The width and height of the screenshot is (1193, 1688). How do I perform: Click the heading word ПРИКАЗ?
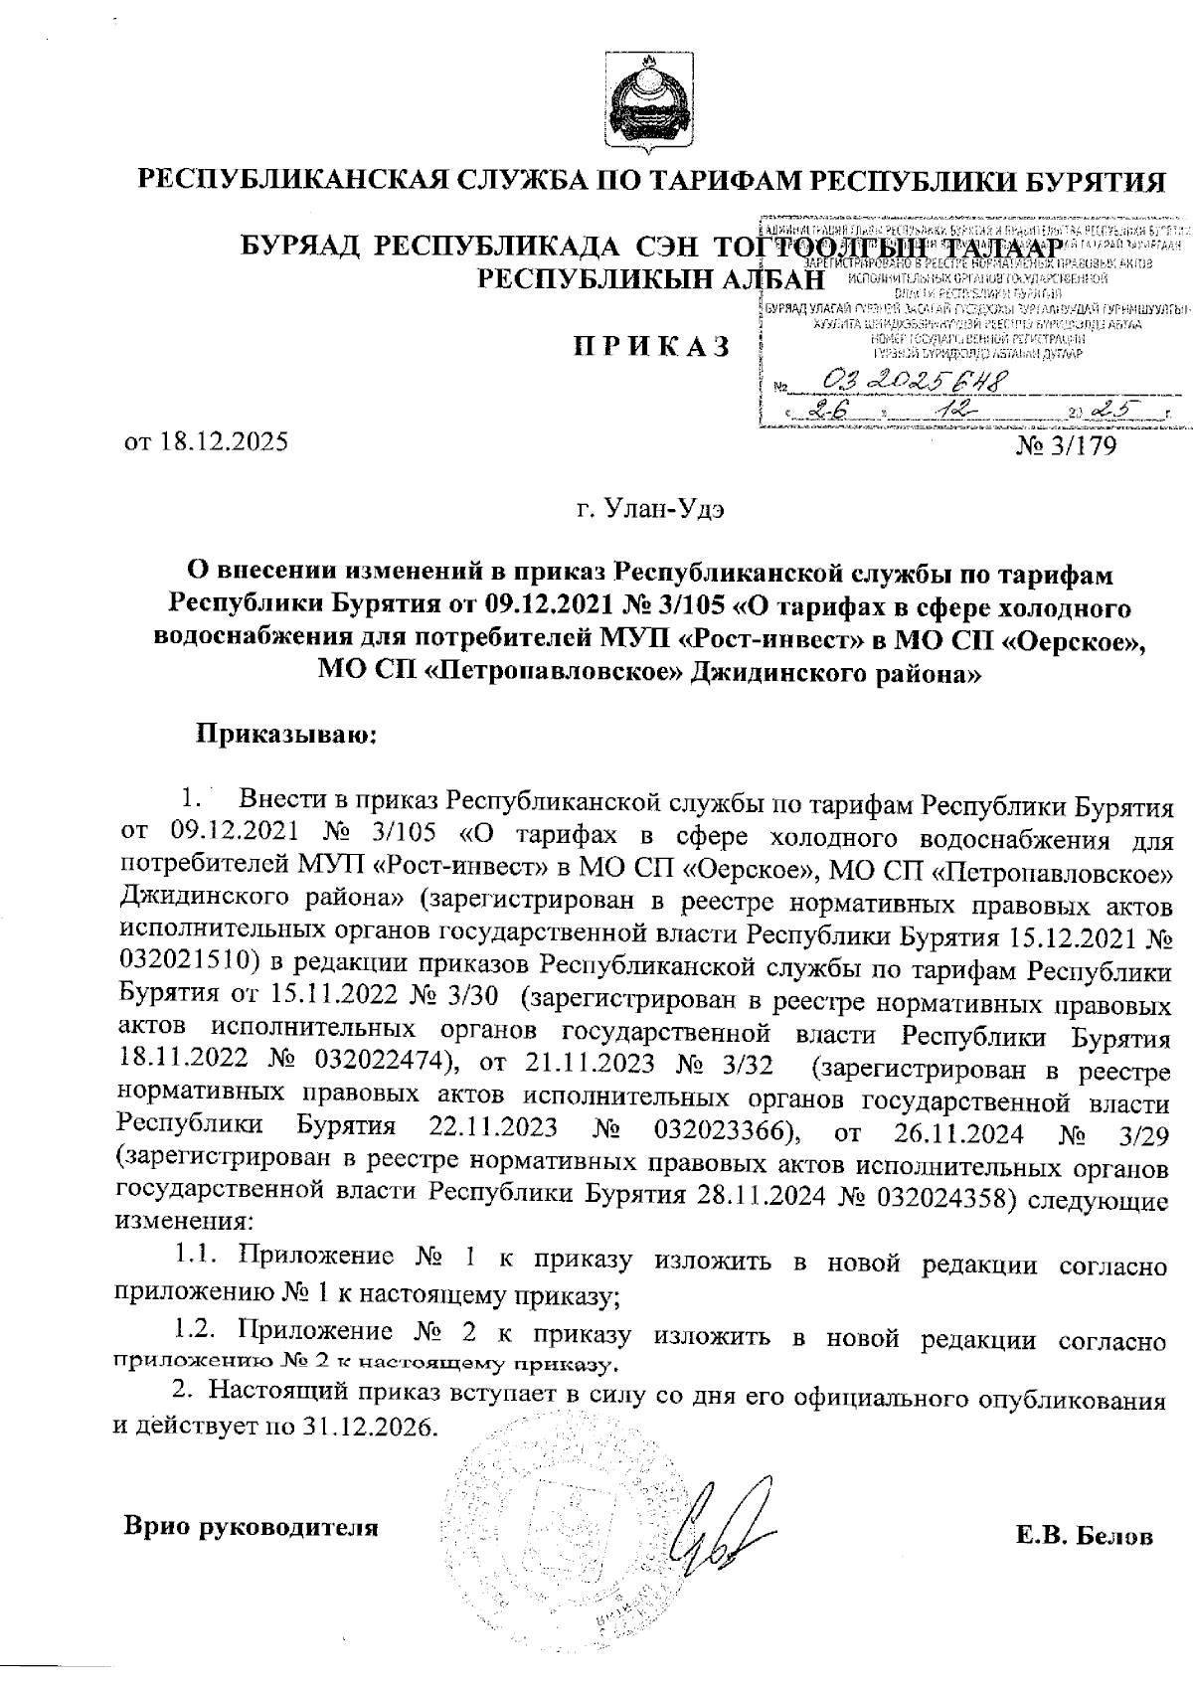click(650, 347)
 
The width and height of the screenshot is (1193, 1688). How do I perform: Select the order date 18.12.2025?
click(221, 440)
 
